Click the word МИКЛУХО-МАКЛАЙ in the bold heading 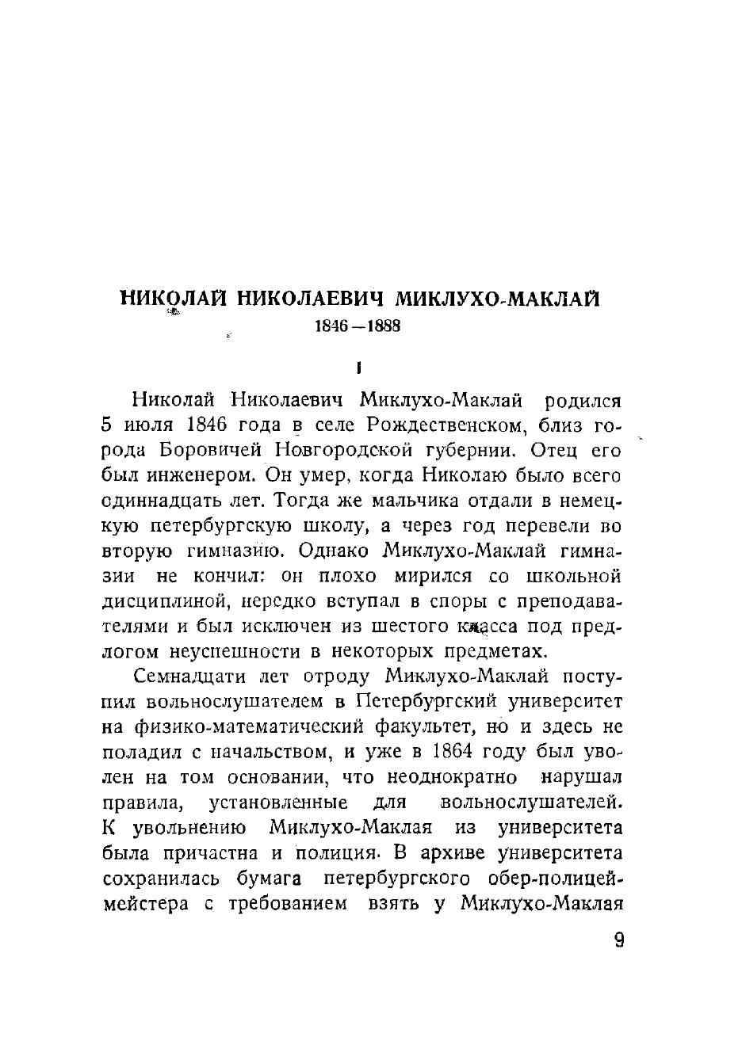(x=497, y=299)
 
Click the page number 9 (x=619, y=940)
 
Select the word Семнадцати (x=188, y=677)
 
